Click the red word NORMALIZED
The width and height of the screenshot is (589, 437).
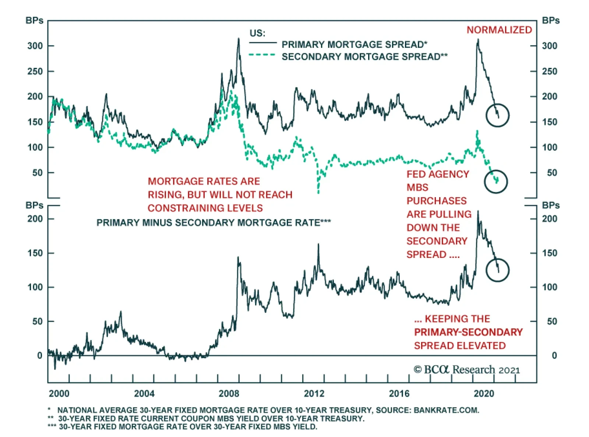click(499, 30)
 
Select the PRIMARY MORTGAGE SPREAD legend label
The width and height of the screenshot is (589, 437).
click(355, 44)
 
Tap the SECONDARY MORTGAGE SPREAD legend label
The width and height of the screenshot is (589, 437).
click(364, 57)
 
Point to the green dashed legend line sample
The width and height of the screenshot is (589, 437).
click(262, 55)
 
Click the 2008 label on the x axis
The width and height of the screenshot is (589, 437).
click(229, 394)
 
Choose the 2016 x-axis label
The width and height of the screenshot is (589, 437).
click(399, 394)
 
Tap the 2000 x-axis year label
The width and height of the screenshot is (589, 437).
click(59, 394)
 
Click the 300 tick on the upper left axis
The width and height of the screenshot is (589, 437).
click(35, 46)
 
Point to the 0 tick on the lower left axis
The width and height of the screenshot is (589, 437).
click(39, 356)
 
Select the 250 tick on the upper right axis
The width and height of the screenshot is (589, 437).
click(550, 71)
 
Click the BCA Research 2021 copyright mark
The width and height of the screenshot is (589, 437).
click(466, 370)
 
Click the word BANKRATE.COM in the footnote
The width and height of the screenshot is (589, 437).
click(446, 410)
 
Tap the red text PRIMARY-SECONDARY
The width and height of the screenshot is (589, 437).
click(468, 332)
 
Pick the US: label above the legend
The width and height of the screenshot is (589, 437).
click(257, 33)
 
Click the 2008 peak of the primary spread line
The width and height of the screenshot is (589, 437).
click(239, 39)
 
